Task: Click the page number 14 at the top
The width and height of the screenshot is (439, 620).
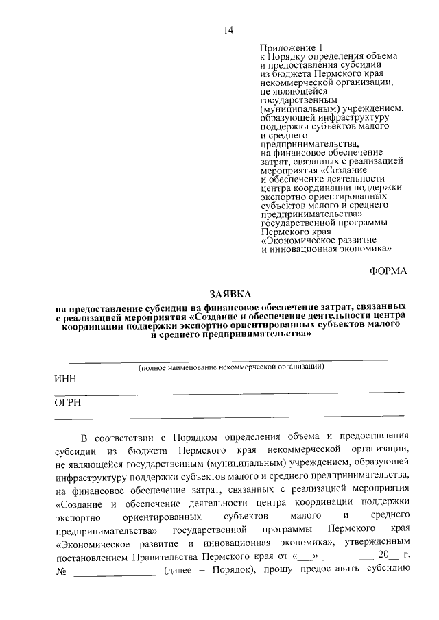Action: pyautogui.click(x=228, y=30)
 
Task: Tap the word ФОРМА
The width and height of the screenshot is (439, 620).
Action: pyautogui.click(x=388, y=271)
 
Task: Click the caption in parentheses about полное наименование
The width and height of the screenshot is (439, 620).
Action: pyautogui.click(x=231, y=367)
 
